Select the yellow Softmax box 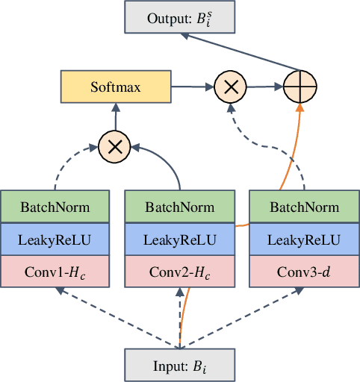click(x=114, y=87)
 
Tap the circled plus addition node click(x=301, y=87)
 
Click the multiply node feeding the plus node click(x=231, y=87)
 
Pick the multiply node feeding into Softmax click(x=114, y=147)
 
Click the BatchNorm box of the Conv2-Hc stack click(x=179, y=207)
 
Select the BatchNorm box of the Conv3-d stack click(x=303, y=207)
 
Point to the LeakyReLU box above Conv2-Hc click(x=179, y=240)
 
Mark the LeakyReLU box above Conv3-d click(x=303, y=240)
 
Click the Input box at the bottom click(x=179, y=365)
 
